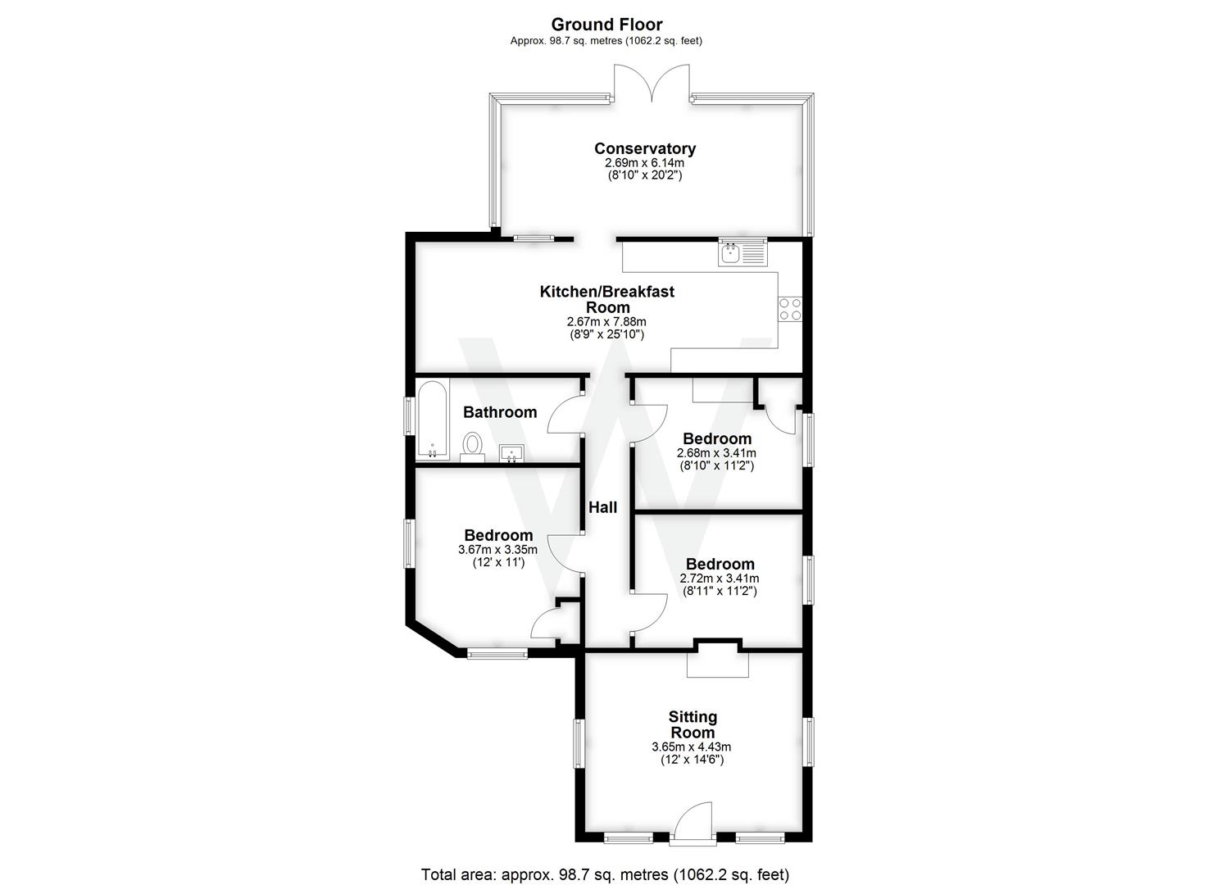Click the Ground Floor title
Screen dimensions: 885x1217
tap(606, 25)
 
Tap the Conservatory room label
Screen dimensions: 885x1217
tap(645, 148)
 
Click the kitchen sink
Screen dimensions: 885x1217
tap(742, 254)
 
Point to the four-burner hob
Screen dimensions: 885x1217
tap(790, 309)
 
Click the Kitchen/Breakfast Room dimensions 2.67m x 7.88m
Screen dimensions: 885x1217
tap(606, 322)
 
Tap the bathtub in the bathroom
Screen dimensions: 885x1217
tap(432, 420)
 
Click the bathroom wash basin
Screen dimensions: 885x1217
tap(511, 452)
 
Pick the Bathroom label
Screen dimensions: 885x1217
tap(500, 412)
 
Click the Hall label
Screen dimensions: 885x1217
tap(603, 508)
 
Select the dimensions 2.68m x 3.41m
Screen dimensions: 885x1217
tap(716, 453)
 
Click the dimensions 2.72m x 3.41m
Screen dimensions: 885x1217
tap(720, 579)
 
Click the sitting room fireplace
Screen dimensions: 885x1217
tap(718, 660)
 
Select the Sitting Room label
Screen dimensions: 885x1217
tap(693, 724)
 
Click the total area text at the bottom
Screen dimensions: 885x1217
tap(605, 874)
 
